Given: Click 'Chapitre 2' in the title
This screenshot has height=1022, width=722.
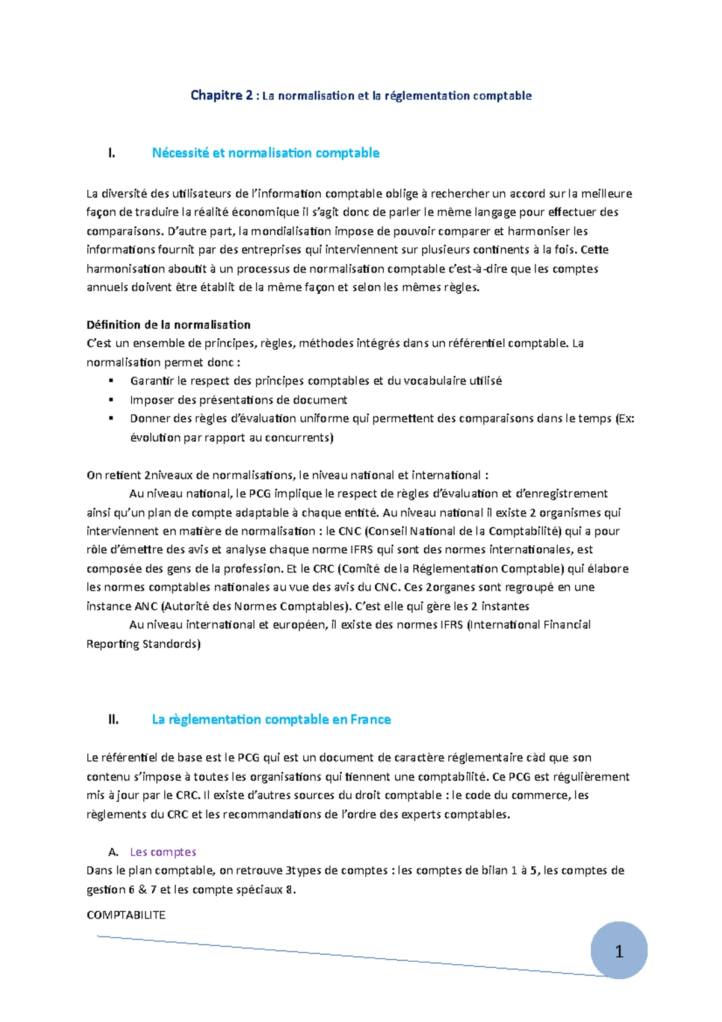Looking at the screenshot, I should pos(221,95).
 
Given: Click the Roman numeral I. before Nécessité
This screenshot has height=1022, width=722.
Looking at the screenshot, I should pos(111,153).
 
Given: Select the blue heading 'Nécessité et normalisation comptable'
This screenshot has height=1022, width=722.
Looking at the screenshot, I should pos(265,153).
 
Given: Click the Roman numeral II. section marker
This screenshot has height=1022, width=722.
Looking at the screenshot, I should pos(113,720).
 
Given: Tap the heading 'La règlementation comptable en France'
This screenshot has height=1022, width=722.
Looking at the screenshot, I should pos(271,719).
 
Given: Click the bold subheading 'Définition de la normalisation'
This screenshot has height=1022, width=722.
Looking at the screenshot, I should pos(168,325).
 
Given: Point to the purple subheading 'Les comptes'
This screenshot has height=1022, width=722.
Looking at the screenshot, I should pos(163,852).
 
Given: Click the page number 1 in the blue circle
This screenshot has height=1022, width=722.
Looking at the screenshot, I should pos(619,952).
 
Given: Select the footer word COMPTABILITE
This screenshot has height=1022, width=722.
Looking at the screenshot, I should pos(126,915).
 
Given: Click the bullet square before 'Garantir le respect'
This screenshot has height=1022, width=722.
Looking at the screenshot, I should pos(111,381).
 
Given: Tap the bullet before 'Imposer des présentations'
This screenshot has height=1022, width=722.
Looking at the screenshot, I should pos(111,400).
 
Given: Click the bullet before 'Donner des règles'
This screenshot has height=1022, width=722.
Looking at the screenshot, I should pos(111,418).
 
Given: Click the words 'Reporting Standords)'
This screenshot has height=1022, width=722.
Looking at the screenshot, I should pos(143,644).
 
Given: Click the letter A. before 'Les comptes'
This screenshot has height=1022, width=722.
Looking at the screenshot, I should pos(113,852).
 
